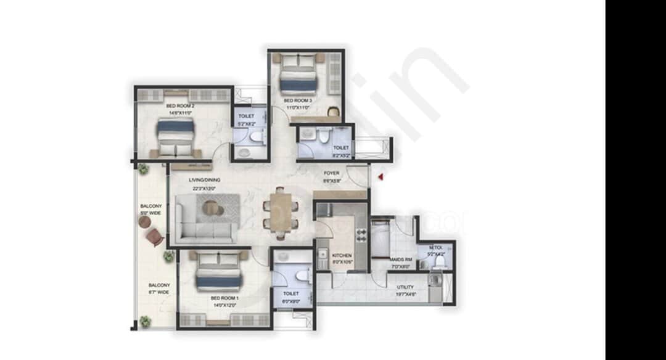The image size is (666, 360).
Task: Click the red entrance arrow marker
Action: tap(381, 177)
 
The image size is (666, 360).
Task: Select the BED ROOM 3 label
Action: tap(298, 100)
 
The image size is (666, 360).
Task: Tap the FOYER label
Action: tap(332, 174)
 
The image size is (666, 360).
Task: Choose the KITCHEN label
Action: tap(342, 255)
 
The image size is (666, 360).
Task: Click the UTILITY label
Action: tap(405, 287)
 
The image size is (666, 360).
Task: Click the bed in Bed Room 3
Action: tap(298, 72)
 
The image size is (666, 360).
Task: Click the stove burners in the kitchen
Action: tap(361, 237)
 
